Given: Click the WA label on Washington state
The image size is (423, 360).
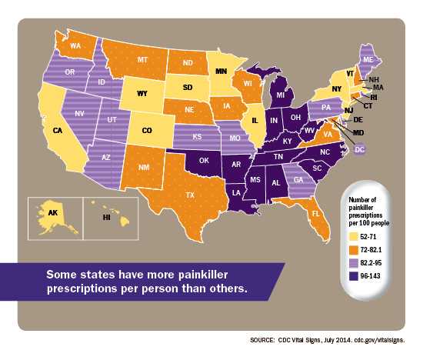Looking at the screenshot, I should (x=77, y=45).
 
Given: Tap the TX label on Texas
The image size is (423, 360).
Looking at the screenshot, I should (x=189, y=195).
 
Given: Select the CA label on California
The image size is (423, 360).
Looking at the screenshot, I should (x=57, y=131).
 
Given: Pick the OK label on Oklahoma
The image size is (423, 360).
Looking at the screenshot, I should (x=204, y=162).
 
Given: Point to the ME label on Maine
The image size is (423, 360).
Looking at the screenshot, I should (x=368, y=58).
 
